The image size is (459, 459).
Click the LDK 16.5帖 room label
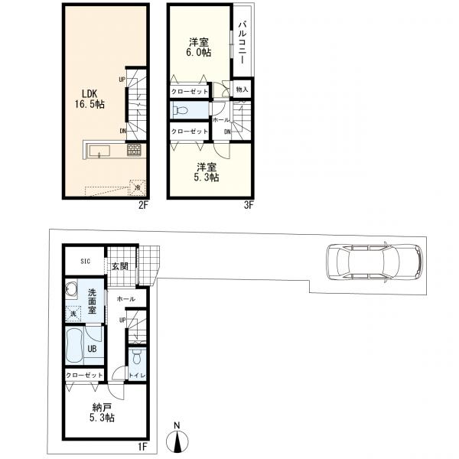[90, 99]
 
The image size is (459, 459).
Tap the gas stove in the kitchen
[134, 150]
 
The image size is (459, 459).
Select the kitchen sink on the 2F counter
[99, 151]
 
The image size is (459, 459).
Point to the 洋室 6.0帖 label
[200, 47]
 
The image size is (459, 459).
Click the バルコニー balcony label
[242, 42]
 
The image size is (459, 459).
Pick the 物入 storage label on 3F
[242, 90]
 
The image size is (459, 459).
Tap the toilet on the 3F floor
[179, 110]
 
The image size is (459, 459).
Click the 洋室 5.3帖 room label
[207, 172]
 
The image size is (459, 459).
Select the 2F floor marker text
[143, 205]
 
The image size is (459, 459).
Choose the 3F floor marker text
[248, 205]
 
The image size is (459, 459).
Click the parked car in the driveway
[374, 262]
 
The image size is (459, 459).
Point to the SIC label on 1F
[86, 261]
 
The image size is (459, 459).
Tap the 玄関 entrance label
[120, 266]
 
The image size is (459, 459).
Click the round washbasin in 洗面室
[71, 289]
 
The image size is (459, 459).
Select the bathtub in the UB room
[74, 346]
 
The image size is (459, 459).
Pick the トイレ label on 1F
[137, 376]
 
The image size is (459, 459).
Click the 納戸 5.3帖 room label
[102, 412]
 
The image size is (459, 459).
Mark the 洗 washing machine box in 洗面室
[73, 314]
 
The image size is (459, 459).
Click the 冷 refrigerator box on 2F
[137, 187]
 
